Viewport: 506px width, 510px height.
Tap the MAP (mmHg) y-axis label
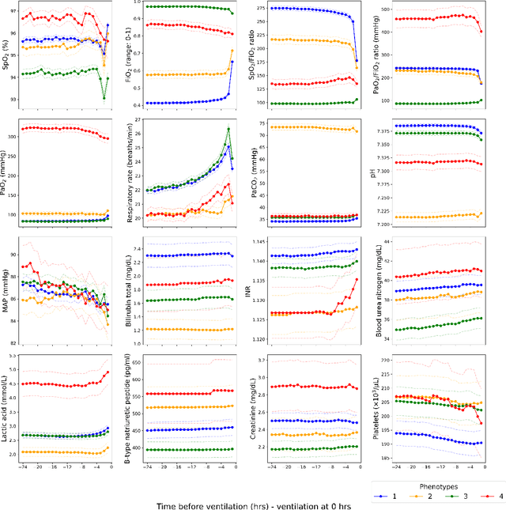(8, 290)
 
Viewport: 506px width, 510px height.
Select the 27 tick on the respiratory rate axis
(149, 119)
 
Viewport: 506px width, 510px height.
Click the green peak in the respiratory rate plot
(228, 129)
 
